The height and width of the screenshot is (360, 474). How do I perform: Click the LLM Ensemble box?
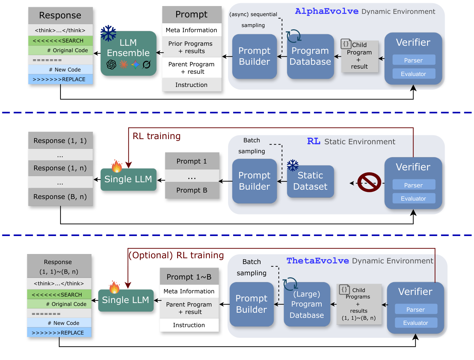coord(128,53)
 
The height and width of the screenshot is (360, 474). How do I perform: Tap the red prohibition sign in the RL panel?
coord(369,182)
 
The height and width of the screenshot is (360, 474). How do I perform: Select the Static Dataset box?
coord(310,181)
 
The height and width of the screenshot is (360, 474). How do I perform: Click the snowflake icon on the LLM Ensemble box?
coord(108,33)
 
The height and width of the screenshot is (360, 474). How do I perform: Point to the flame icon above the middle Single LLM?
coord(117,166)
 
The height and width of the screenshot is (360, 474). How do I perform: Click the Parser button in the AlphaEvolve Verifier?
coord(413,60)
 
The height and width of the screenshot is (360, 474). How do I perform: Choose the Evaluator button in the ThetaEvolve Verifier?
coord(415,323)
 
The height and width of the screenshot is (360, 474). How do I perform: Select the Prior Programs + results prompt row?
coord(191,47)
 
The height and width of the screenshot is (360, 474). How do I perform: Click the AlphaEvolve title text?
coord(327,11)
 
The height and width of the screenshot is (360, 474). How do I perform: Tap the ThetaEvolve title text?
coord(318,261)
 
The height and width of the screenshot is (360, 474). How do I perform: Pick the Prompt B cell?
coord(192,190)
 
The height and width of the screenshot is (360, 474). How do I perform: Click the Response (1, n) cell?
coord(60,168)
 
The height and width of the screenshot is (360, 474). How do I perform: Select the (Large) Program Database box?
coord(307,304)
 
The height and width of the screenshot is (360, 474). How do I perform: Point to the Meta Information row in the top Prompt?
coord(191,30)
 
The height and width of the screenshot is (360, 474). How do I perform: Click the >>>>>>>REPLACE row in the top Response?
coord(60,79)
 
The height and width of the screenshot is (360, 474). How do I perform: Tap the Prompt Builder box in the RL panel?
coord(254,181)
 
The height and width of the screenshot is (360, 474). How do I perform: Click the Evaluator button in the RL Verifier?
coord(413,198)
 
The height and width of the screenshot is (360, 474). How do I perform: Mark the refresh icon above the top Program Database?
coord(293,36)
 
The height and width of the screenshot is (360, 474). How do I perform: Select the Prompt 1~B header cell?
coord(189,277)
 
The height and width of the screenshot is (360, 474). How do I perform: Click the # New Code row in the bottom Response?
coord(59,323)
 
